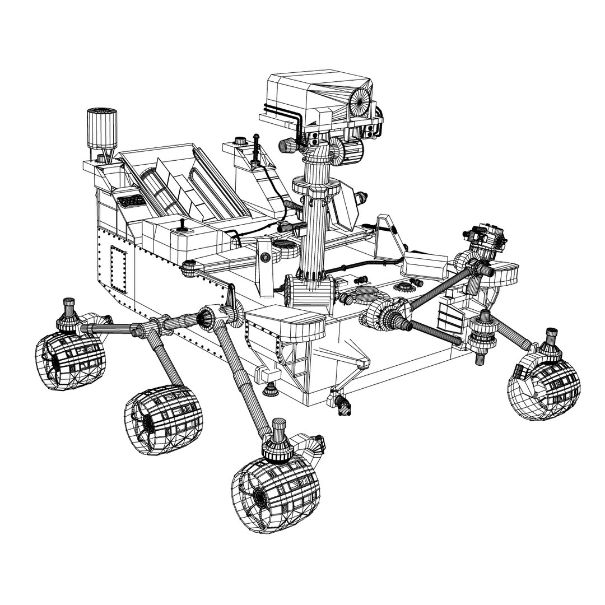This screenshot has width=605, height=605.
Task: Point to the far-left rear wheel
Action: click(x=69, y=361)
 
